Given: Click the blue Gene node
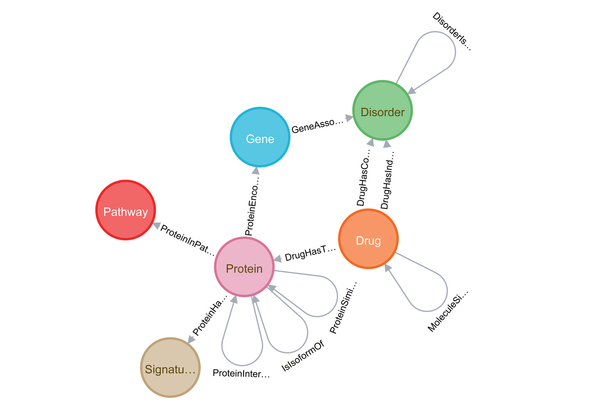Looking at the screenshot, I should click(x=260, y=137).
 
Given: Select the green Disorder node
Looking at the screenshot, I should click(x=382, y=111).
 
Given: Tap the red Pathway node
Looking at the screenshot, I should click(x=125, y=210).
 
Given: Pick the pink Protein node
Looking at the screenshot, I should click(x=244, y=267).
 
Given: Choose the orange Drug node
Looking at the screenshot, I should click(x=368, y=239).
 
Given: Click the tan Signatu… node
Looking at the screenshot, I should click(x=170, y=367).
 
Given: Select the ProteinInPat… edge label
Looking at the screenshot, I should click(x=187, y=240).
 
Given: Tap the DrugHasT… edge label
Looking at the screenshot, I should click(x=310, y=254).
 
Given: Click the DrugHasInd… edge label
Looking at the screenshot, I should click(x=387, y=180).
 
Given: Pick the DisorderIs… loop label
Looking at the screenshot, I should click(x=451, y=32).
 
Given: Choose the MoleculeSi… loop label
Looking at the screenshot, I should click(x=448, y=311).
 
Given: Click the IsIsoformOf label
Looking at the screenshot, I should click(x=303, y=356).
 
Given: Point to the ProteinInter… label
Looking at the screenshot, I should click(x=241, y=374).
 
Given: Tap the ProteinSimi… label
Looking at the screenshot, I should click(x=343, y=308).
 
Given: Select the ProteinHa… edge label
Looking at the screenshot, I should click(x=209, y=315).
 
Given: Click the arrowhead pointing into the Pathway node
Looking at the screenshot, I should click(x=156, y=226).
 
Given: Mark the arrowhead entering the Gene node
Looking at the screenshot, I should click(x=256, y=171).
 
